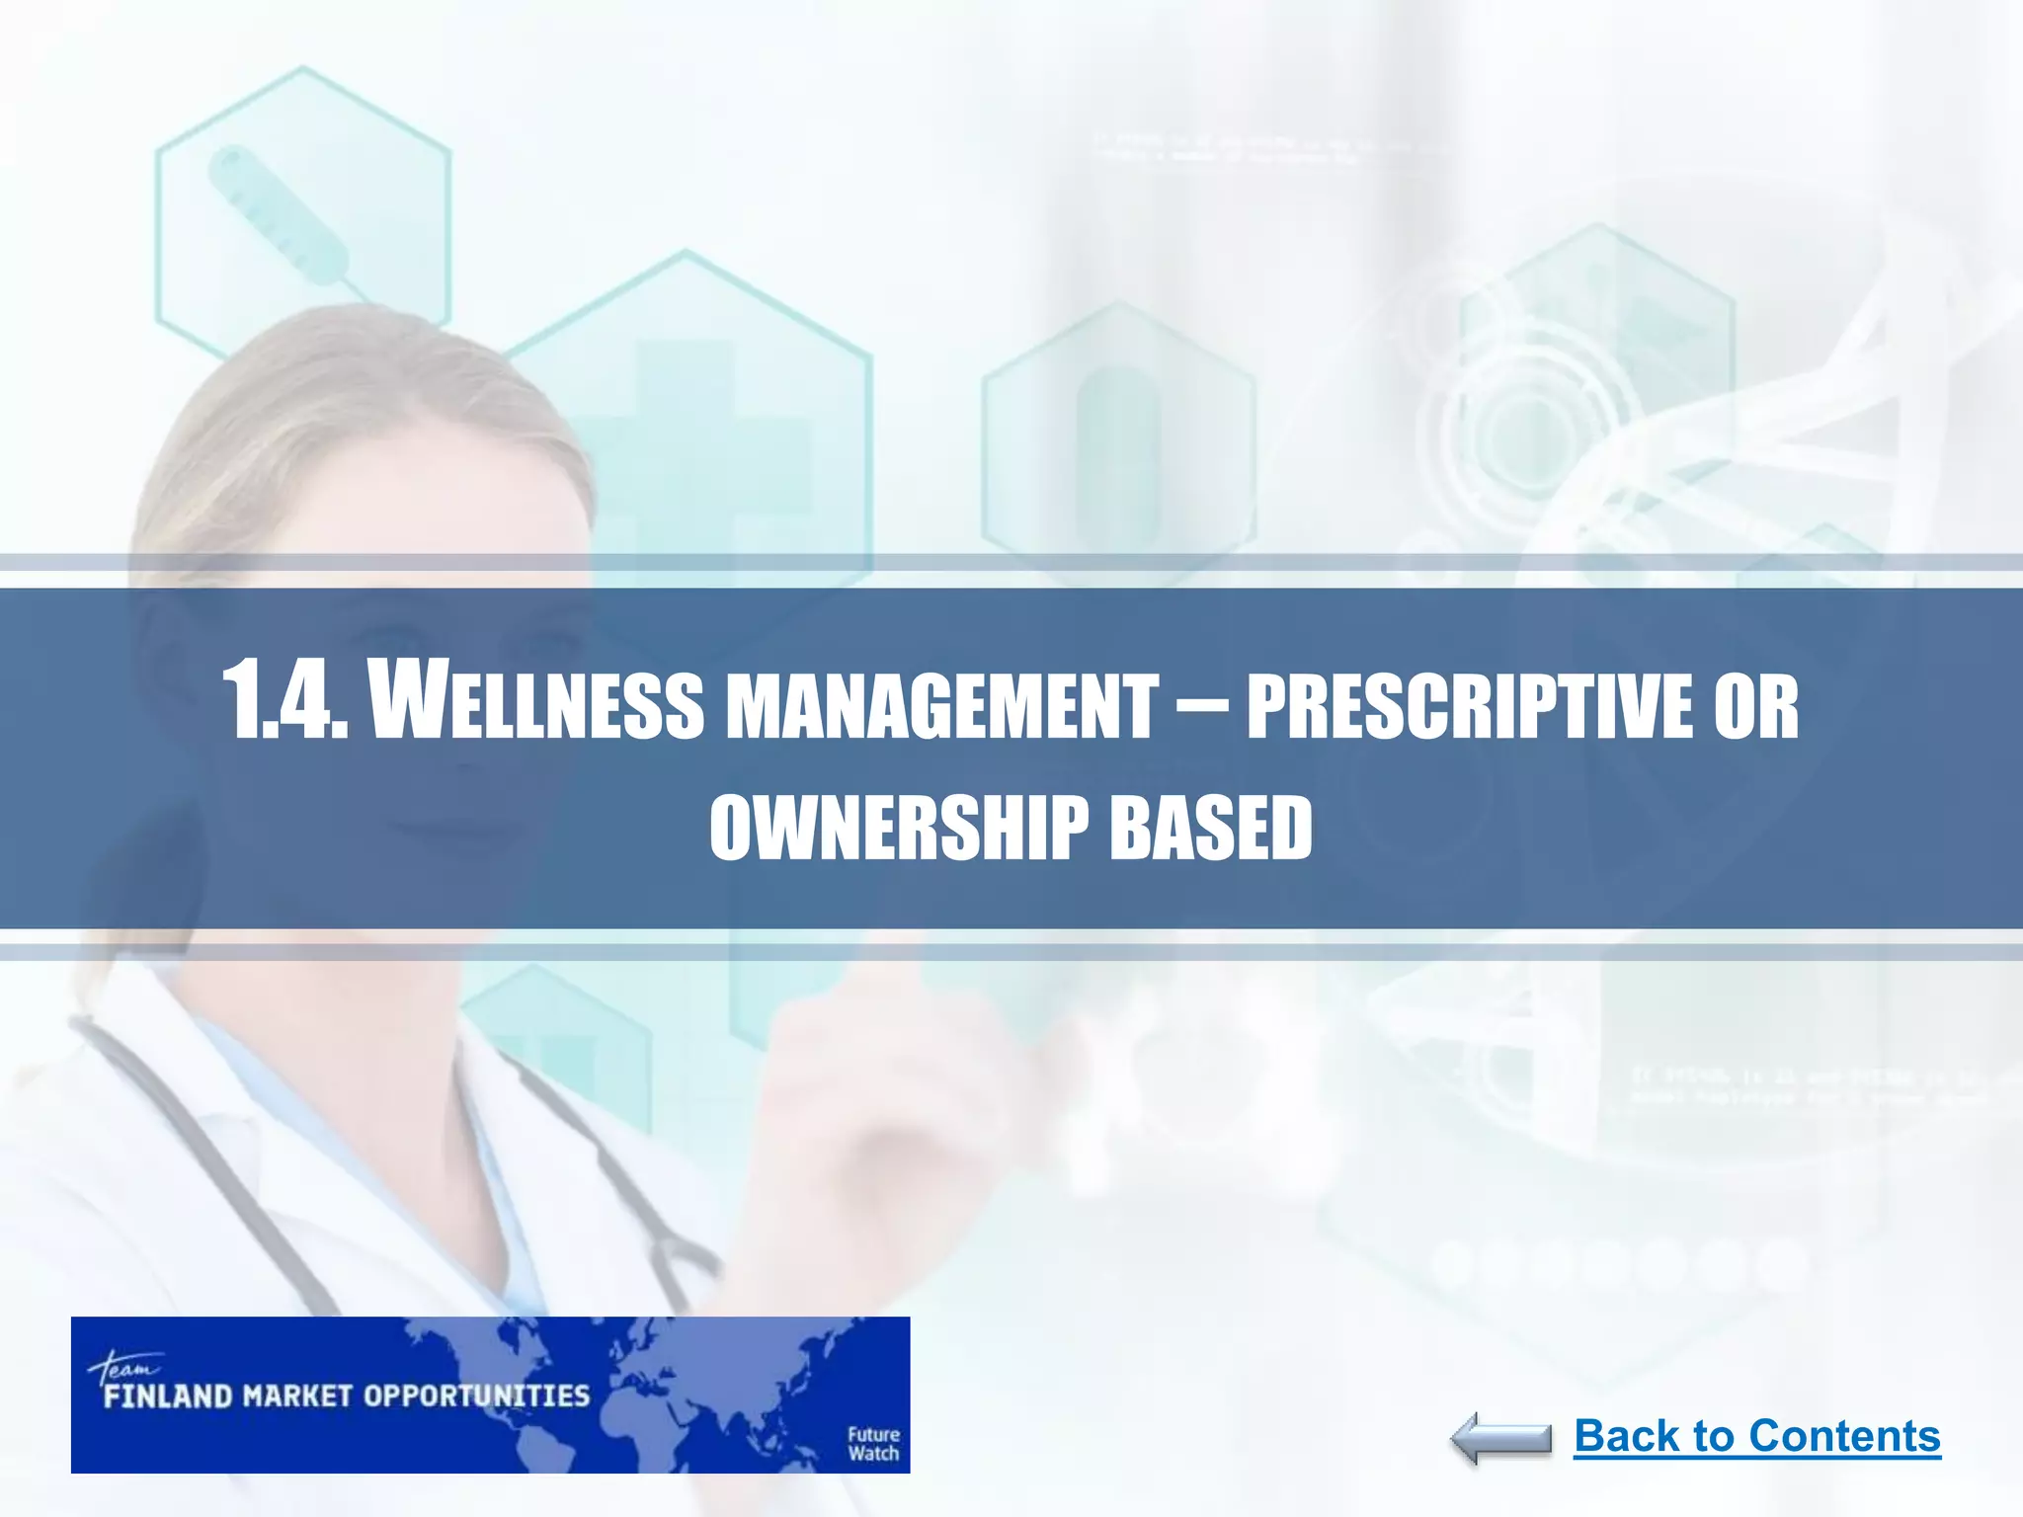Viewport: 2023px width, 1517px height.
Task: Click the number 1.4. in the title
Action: (x=286, y=701)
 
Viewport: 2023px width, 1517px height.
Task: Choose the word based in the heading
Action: (x=1211, y=828)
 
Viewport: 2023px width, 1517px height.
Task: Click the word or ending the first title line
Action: (x=1756, y=707)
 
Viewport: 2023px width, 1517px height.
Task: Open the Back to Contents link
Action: (x=1756, y=1436)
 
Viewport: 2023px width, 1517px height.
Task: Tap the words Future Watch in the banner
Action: (x=873, y=1443)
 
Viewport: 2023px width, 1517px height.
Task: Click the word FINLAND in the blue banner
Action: (x=168, y=1397)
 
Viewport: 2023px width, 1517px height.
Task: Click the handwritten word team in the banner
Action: (x=123, y=1367)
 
